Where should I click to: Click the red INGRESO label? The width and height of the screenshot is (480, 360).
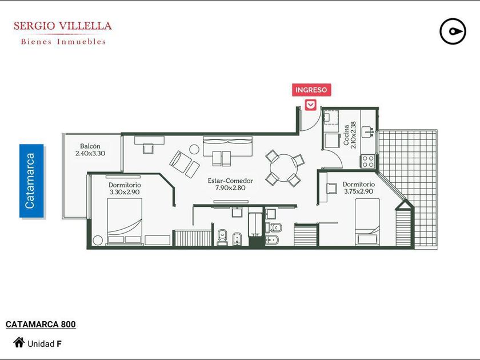click(311, 90)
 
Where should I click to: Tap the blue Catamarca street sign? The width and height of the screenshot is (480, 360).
click(31, 181)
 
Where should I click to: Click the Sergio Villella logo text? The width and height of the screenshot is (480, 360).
click(63, 33)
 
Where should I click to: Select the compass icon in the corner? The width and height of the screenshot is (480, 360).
click(453, 31)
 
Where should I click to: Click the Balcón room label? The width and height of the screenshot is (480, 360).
click(90, 150)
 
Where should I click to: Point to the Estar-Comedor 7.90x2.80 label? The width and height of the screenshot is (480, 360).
click(230, 184)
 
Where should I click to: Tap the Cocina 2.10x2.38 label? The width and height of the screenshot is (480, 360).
click(350, 135)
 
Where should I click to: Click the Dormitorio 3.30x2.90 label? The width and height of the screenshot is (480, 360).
click(125, 188)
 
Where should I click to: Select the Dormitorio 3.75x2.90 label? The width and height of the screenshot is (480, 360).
click(358, 187)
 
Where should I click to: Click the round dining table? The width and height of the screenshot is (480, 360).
click(284, 168)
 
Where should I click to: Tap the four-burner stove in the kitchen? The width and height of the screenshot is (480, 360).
click(368, 161)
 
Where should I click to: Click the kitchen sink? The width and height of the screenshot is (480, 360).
click(367, 131)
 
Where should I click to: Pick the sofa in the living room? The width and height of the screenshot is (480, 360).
click(228, 146)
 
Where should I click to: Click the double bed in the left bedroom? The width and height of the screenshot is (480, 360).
click(125, 221)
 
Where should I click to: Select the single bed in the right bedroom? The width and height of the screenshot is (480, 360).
click(367, 222)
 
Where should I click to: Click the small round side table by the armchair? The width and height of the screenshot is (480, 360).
click(194, 149)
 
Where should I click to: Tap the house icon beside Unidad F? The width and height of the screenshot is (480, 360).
click(19, 342)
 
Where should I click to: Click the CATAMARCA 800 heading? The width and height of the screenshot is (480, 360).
click(41, 324)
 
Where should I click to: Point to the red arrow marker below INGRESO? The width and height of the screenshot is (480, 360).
click(311, 105)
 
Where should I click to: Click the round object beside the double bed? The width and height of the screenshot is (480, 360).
click(98, 240)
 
